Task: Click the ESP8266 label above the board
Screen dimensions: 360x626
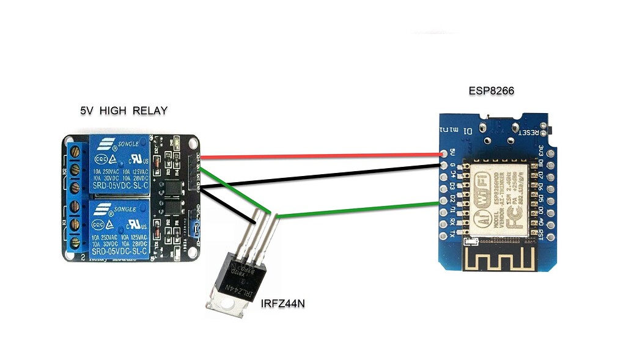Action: click(x=491, y=91)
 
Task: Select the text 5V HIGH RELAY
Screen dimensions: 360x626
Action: click(x=123, y=111)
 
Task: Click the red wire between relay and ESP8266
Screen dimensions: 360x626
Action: click(x=318, y=156)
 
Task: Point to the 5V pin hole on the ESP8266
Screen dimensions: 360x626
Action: click(x=444, y=154)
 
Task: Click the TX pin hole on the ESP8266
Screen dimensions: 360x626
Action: click(x=444, y=234)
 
